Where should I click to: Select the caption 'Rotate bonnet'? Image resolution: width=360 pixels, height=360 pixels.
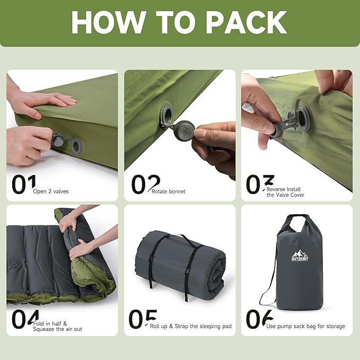[x=168, y=191]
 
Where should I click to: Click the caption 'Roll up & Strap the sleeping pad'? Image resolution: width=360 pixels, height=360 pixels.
[x=190, y=326]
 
